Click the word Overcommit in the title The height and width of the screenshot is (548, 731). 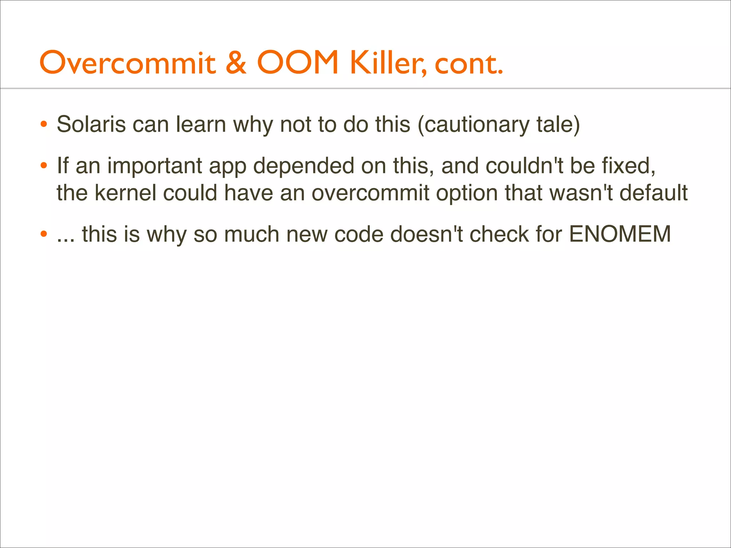(x=128, y=63)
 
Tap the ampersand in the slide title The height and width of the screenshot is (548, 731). (x=236, y=63)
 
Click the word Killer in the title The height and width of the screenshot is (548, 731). (x=388, y=64)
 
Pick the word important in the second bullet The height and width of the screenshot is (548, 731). (x=155, y=166)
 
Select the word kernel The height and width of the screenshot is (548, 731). (x=126, y=193)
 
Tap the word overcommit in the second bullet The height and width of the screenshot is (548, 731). (x=370, y=193)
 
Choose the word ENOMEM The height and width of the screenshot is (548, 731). (x=620, y=234)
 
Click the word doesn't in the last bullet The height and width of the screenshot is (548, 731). (x=426, y=234)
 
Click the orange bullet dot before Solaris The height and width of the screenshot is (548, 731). (x=44, y=125)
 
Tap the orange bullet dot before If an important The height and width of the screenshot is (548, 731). (x=44, y=166)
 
